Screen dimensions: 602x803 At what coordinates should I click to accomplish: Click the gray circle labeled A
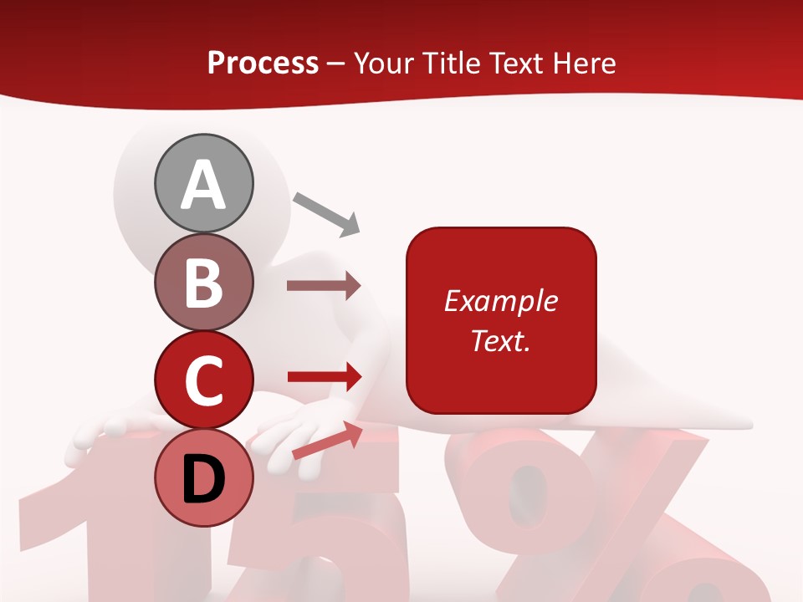tap(203, 183)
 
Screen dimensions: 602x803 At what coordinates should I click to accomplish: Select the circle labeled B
tap(203, 282)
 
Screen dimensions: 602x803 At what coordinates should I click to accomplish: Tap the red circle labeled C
tap(203, 380)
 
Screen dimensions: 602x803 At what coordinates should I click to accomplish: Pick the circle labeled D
tap(203, 478)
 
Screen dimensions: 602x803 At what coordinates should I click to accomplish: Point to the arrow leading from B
tap(324, 285)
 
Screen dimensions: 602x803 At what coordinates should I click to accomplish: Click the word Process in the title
tap(263, 63)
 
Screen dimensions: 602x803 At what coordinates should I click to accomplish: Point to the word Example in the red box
tap(501, 301)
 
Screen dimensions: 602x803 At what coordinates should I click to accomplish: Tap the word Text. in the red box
tap(501, 340)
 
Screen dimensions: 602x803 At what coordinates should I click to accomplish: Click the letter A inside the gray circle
tap(203, 185)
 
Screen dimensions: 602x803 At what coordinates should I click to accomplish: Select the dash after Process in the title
tap(336, 64)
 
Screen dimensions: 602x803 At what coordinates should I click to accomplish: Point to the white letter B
tap(203, 283)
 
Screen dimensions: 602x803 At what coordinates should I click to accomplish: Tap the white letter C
tap(203, 381)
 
